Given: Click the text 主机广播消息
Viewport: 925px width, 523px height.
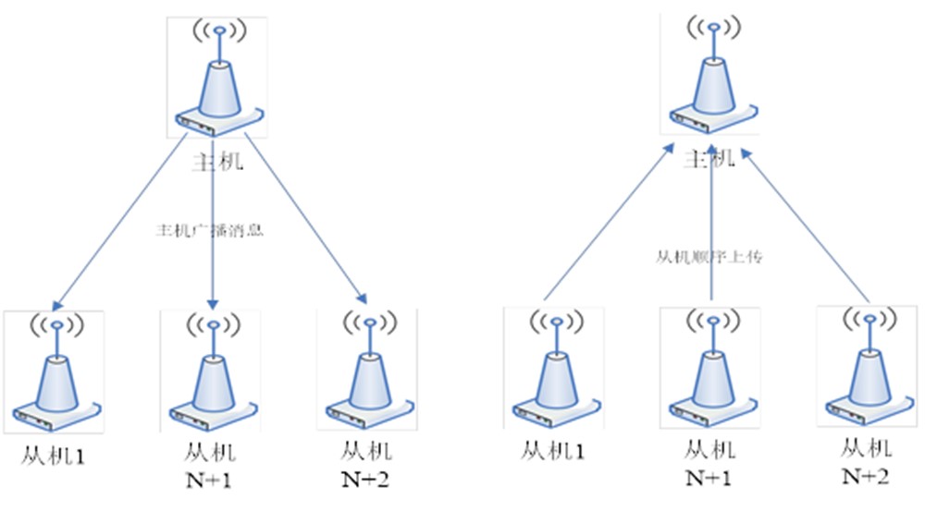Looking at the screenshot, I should click(x=211, y=230).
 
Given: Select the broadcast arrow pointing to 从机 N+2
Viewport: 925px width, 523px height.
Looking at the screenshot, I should click(x=305, y=222).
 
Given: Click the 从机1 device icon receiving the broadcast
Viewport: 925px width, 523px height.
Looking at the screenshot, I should click(x=54, y=372).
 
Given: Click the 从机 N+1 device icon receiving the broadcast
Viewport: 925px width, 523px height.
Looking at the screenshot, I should click(x=210, y=371).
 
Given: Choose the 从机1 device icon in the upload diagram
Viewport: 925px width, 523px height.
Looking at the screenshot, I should click(x=553, y=370).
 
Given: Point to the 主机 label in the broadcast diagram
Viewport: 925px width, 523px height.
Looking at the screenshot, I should click(x=217, y=162).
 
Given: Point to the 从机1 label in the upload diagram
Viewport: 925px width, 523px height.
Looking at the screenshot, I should click(x=553, y=451).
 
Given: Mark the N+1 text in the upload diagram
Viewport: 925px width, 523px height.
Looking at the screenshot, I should click(x=709, y=478).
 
